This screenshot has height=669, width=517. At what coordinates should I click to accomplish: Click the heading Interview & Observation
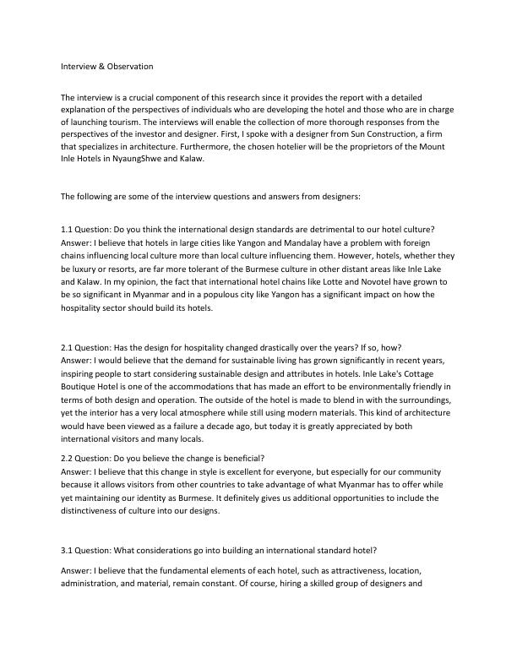(x=106, y=65)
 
